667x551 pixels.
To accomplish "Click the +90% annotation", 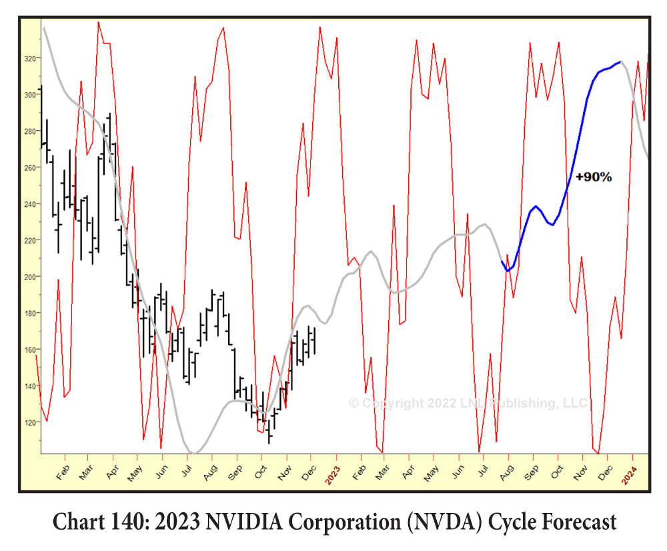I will coord(593,177).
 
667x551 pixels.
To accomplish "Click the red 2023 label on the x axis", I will coord(332,475).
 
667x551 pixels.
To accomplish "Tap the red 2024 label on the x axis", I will coord(630,475).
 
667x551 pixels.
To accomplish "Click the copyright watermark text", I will coord(468,403).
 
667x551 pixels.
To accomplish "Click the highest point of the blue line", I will coord(620,62).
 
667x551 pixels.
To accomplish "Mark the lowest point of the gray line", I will coord(194,453).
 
